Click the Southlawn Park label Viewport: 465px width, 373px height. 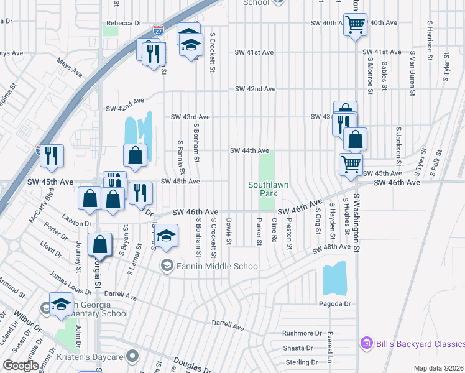(267, 189)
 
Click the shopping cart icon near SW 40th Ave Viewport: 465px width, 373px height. (355, 25)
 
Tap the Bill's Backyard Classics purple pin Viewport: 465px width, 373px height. (366, 343)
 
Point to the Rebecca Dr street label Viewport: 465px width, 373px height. (124, 23)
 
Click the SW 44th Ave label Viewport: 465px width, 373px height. (249, 150)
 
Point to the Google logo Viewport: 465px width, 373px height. (21, 366)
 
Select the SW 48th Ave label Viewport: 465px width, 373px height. (333, 247)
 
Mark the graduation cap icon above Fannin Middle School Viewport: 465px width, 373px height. (165, 236)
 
